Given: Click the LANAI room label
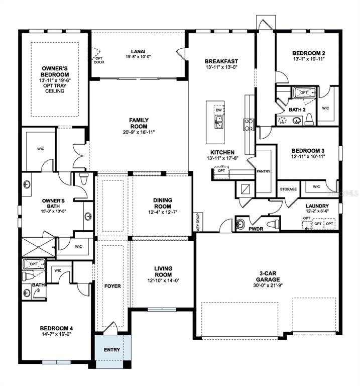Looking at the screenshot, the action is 138,51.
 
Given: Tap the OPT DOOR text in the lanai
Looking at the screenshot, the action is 99,60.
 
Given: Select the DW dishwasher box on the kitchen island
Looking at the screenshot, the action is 219,110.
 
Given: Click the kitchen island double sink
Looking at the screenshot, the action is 218,122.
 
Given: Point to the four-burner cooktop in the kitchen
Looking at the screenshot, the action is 249,125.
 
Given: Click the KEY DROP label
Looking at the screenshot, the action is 198,222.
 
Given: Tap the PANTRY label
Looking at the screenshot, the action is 264,171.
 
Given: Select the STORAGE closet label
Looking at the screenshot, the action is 288,189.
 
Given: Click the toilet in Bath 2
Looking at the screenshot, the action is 310,120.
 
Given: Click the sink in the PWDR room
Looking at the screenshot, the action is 241,224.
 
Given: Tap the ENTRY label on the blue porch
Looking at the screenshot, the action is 112,350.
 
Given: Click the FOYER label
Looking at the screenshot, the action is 112,286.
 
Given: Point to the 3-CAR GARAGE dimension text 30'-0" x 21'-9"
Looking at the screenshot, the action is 268,285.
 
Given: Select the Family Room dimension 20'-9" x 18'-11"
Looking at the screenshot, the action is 139,132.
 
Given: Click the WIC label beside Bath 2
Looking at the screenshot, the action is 325,108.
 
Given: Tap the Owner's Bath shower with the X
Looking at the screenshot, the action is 38,247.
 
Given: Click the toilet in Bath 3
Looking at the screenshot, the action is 28,276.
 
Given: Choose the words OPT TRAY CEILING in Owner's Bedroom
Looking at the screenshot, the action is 55,88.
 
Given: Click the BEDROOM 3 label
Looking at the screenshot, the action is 308,151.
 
